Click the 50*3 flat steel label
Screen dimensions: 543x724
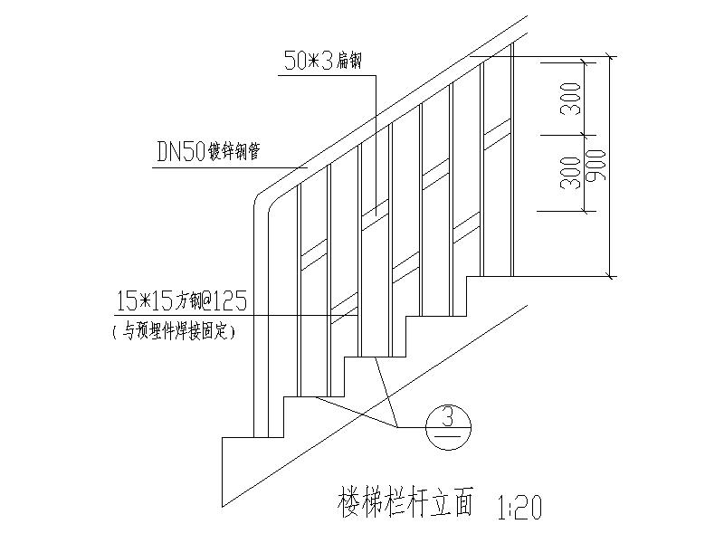323,62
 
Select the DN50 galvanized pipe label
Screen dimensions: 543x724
209,152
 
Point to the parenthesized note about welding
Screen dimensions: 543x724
172,332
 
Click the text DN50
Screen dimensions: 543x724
180,152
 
